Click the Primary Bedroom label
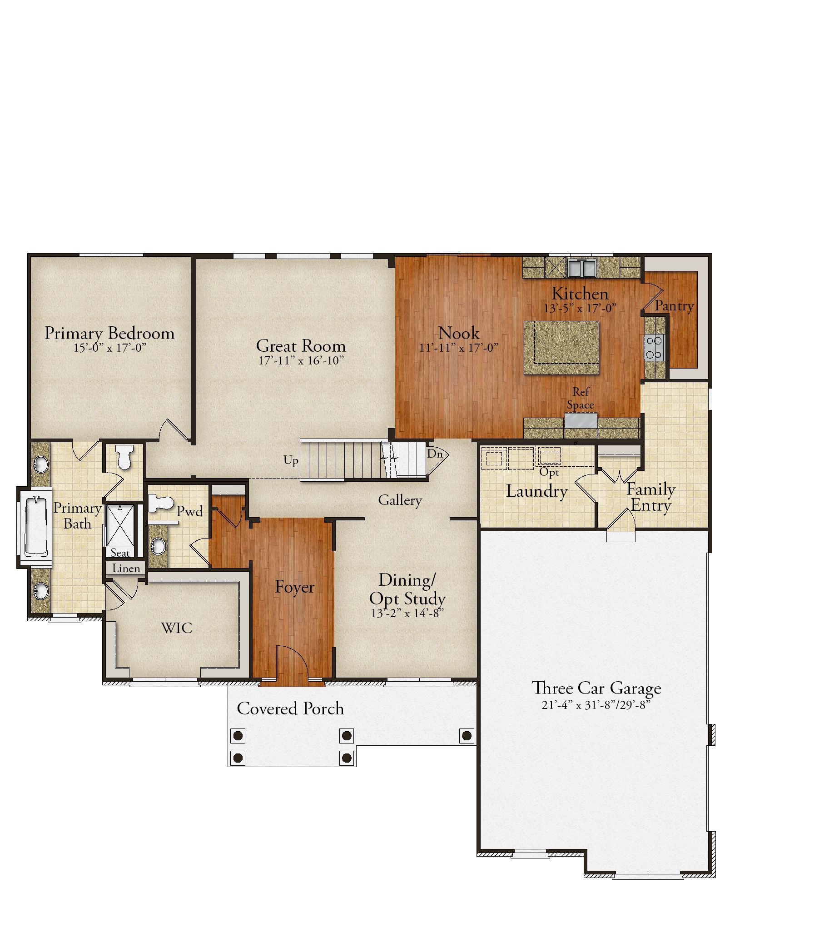109,334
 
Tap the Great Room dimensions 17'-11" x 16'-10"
301,361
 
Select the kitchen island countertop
561,348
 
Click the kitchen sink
582,268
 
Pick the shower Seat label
120,553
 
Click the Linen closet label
126,569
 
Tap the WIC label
177,628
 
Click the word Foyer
295,587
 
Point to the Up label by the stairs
291,460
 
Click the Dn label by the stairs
435,454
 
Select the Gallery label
400,500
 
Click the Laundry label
536,491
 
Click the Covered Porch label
290,708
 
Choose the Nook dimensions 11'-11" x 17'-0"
459,348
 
